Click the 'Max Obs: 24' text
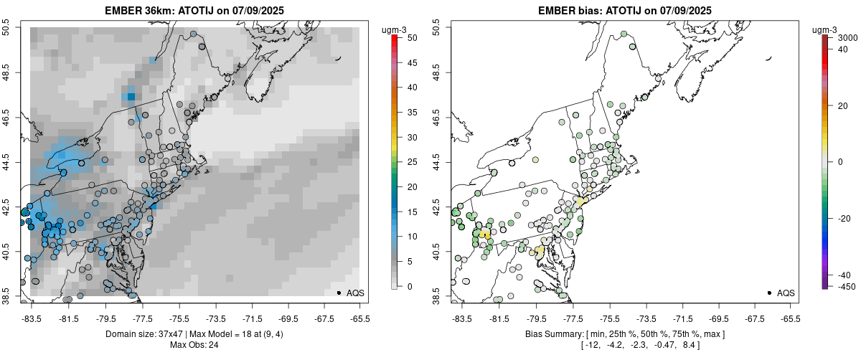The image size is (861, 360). (194, 345)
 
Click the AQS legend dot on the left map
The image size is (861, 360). (339, 293)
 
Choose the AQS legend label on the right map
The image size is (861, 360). (786, 293)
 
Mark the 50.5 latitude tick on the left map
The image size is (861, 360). (6, 28)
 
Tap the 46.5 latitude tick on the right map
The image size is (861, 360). (436, 118)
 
